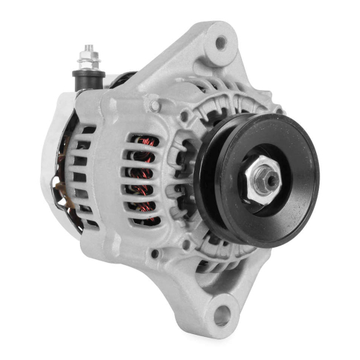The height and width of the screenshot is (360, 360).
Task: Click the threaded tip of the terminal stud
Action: point(87,46)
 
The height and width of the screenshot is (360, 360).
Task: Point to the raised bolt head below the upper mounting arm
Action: point(154,105)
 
